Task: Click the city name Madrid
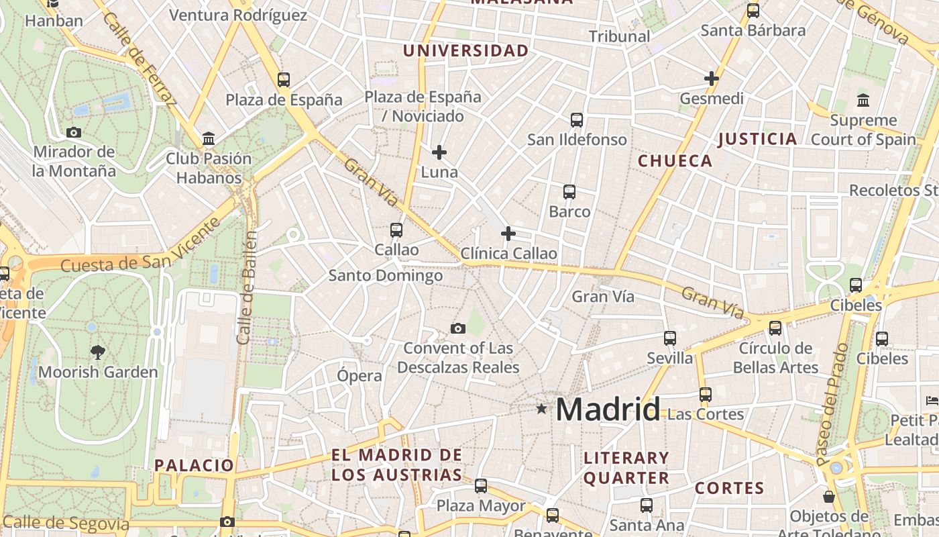(608, 409)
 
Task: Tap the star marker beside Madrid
(541, 408)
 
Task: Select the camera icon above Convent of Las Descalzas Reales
(458, 328)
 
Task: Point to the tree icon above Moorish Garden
(98, 352)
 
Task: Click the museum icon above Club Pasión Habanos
(209, 139)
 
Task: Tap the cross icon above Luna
(439, 152)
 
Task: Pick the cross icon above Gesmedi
(712, 79)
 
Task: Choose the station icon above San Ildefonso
(577, 120)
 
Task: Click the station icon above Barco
(569, 192)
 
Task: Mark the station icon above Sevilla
(670, 338)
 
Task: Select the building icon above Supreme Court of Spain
(863, 101)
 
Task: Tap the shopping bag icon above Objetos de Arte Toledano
(829, 497)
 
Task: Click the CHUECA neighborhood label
(675, 160)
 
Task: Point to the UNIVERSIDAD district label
(465, 50)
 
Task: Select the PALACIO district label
(195, 465)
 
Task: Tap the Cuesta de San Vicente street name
(141, 247)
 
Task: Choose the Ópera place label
(360, 376)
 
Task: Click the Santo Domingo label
(386, 275)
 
